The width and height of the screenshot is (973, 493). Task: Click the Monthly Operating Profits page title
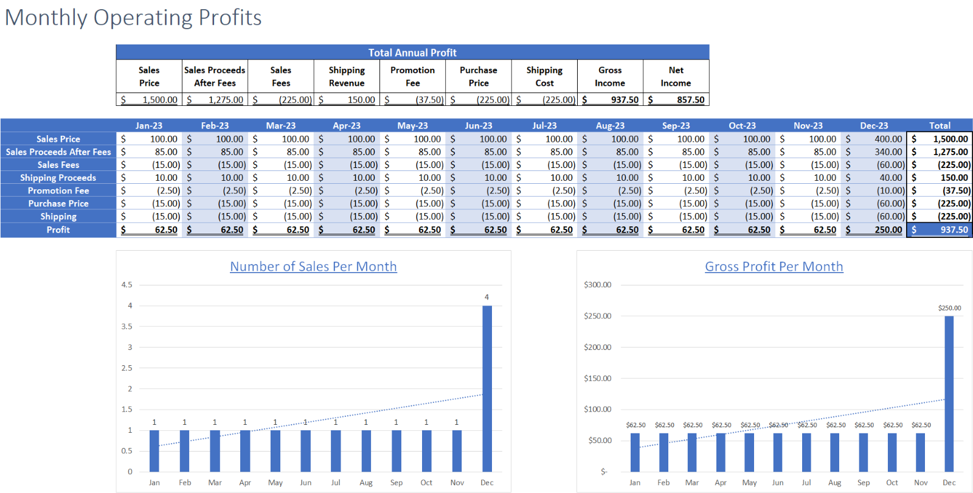[133, 18]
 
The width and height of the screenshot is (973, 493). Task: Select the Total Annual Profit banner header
[412, 52]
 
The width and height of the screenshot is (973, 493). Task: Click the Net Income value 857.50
[690, 100]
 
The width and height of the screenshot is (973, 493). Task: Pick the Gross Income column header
[610, 77]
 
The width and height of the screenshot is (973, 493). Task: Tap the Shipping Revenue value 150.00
[361, 100]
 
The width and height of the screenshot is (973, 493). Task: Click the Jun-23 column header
[478, 125]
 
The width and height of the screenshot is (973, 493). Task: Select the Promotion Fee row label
[58, 191]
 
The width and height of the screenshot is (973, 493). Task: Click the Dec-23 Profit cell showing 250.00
[888, 230]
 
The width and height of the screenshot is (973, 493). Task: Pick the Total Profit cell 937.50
[954, 230]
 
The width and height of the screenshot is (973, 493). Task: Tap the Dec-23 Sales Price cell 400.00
[888, 139]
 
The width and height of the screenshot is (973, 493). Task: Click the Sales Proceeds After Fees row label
[58, 152]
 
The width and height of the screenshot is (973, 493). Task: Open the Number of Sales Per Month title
[313, 267]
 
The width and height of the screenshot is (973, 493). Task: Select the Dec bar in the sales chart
[487, 390]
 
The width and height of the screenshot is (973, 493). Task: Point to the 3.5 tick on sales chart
[126, 326]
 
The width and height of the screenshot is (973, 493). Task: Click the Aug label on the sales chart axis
[366, 483]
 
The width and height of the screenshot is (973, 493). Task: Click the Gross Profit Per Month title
[774, 267]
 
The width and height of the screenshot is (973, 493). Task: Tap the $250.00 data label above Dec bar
[949, 308]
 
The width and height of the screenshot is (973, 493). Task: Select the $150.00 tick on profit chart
[597, 378]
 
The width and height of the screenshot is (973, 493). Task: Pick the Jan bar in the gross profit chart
[635, 452]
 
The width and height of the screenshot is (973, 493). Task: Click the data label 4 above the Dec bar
[486, 297]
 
